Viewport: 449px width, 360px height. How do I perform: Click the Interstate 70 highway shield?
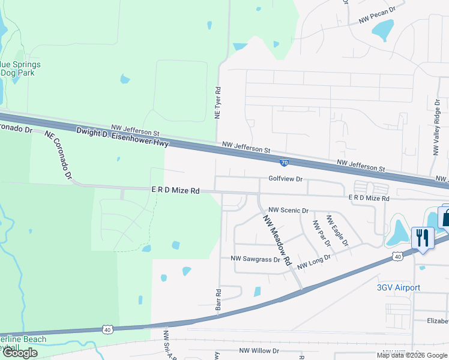coord(285,162)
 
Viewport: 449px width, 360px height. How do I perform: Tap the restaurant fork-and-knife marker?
coord(423,238)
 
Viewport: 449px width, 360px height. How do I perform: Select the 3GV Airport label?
coord(398,288)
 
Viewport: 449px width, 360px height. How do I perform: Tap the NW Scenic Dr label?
coord(288,211)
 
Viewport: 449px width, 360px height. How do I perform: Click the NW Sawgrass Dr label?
coord(256,259)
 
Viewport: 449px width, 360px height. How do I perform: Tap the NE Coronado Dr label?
coord(58,155)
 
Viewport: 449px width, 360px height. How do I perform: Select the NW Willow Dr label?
coord(261,350)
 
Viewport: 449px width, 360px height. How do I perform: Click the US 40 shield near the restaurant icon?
coord(398,256)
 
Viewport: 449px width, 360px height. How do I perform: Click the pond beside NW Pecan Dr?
coord(382,31)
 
